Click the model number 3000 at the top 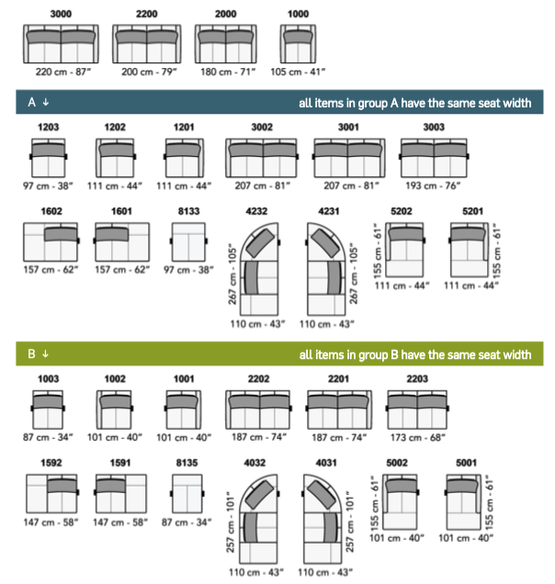[61, 14]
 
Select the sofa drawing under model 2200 [147, 44]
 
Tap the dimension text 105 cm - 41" [298, 72]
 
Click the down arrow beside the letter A [45, 102]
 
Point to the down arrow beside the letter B [45, 354]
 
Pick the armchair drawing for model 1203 [49, 158]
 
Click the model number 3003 [434, 128]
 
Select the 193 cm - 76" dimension [433, 185]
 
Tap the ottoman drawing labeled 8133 [188, 242]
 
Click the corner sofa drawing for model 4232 [260, 269]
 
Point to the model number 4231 [328, 211]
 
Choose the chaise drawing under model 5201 [469, 250]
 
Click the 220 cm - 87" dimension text [63, 72]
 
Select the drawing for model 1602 [51, 242]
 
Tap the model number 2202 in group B [259, 379]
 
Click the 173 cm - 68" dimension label [418, 437]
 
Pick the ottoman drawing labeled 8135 [187, 493]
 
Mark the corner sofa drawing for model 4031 [323, 519]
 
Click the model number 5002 [397, 463]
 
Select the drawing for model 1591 [120, 493]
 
